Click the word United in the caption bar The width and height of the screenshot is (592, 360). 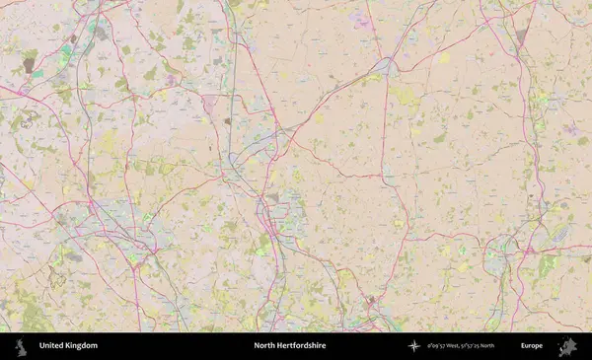click(54, 346)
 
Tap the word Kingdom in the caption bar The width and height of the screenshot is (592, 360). click(83, 346)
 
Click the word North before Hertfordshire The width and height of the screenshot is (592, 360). click(263, 346)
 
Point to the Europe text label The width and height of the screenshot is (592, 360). click(532, 346)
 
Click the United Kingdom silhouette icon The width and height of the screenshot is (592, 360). click(21, 346)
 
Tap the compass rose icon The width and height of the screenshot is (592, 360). click(414, 346)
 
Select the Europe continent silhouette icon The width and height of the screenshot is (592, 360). click(567, 346)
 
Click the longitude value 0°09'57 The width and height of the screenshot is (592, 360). click(436, 346)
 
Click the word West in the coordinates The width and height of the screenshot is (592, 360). click(458, 346)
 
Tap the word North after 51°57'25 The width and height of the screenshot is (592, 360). click(509, 346)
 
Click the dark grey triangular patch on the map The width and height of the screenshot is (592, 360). click(521, 37)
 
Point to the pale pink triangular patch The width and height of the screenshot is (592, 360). click(209, 104)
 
